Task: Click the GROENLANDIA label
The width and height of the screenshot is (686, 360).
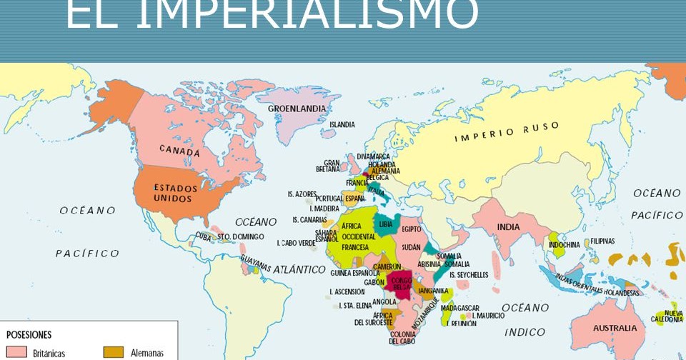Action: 297,109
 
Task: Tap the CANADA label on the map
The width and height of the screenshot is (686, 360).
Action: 179,151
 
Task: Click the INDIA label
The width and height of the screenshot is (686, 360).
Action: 509,227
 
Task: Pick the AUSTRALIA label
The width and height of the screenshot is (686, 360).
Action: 615,328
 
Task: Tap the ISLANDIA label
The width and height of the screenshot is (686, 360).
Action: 342,124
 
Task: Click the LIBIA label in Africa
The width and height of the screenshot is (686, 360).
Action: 386,224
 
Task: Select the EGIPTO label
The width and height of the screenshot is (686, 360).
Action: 411,229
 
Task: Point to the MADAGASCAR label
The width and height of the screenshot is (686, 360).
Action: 459,308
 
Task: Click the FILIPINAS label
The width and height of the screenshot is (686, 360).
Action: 602,241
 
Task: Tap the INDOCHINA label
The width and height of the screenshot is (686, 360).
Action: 565,244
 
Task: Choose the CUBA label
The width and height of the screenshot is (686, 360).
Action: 204,236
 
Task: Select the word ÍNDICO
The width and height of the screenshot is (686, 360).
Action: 525,332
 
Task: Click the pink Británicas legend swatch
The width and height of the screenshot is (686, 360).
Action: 16,352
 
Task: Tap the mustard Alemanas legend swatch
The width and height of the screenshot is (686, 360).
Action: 114,352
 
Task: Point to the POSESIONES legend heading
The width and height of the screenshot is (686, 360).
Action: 29,334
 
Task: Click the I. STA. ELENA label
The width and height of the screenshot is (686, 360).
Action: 356,305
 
